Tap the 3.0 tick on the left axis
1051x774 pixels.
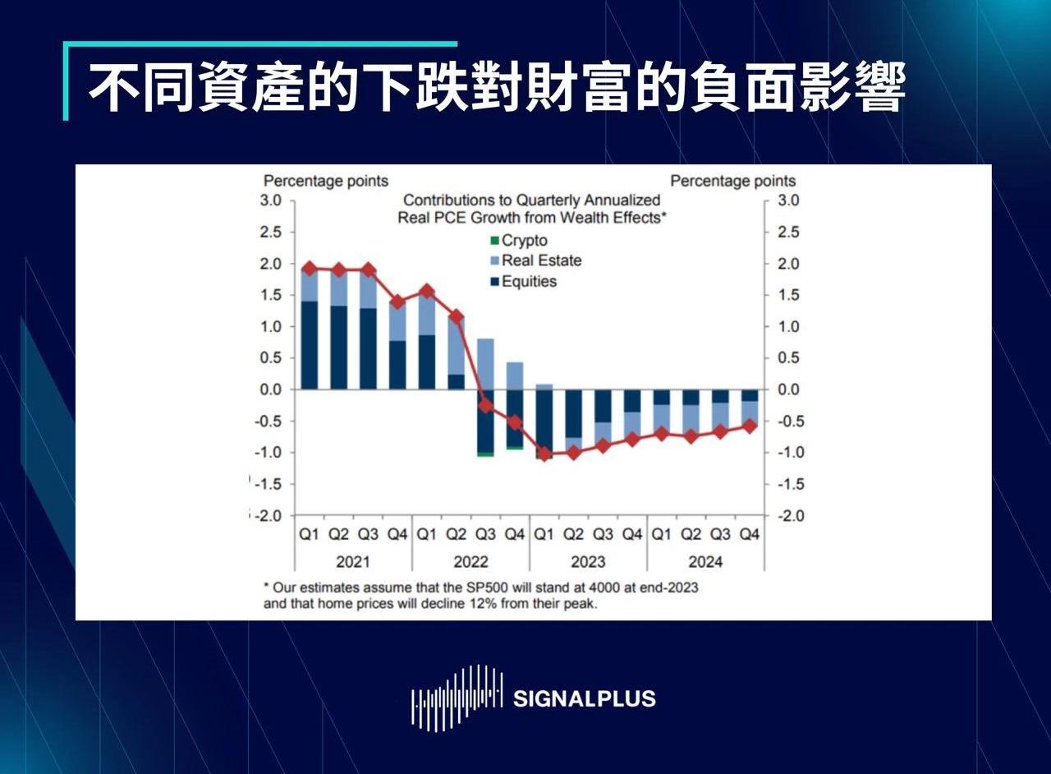pos(272,200)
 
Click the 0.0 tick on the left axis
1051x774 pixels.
pos(272,389)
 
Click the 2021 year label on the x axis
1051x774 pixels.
pos(353,562)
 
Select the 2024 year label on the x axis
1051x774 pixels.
pos(705,562)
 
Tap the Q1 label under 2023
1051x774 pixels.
pos(544,535)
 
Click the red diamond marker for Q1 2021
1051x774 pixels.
pos(310,269)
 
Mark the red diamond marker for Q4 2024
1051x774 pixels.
pos(749,426)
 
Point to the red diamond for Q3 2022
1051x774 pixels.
pos(485,405)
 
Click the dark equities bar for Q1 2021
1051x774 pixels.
pos(310,345)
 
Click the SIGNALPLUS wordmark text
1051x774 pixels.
pos(584,699)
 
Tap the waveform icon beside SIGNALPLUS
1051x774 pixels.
pos(457,698)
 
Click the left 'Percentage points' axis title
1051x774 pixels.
pos(325,181)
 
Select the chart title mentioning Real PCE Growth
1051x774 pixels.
pos(531,209)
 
